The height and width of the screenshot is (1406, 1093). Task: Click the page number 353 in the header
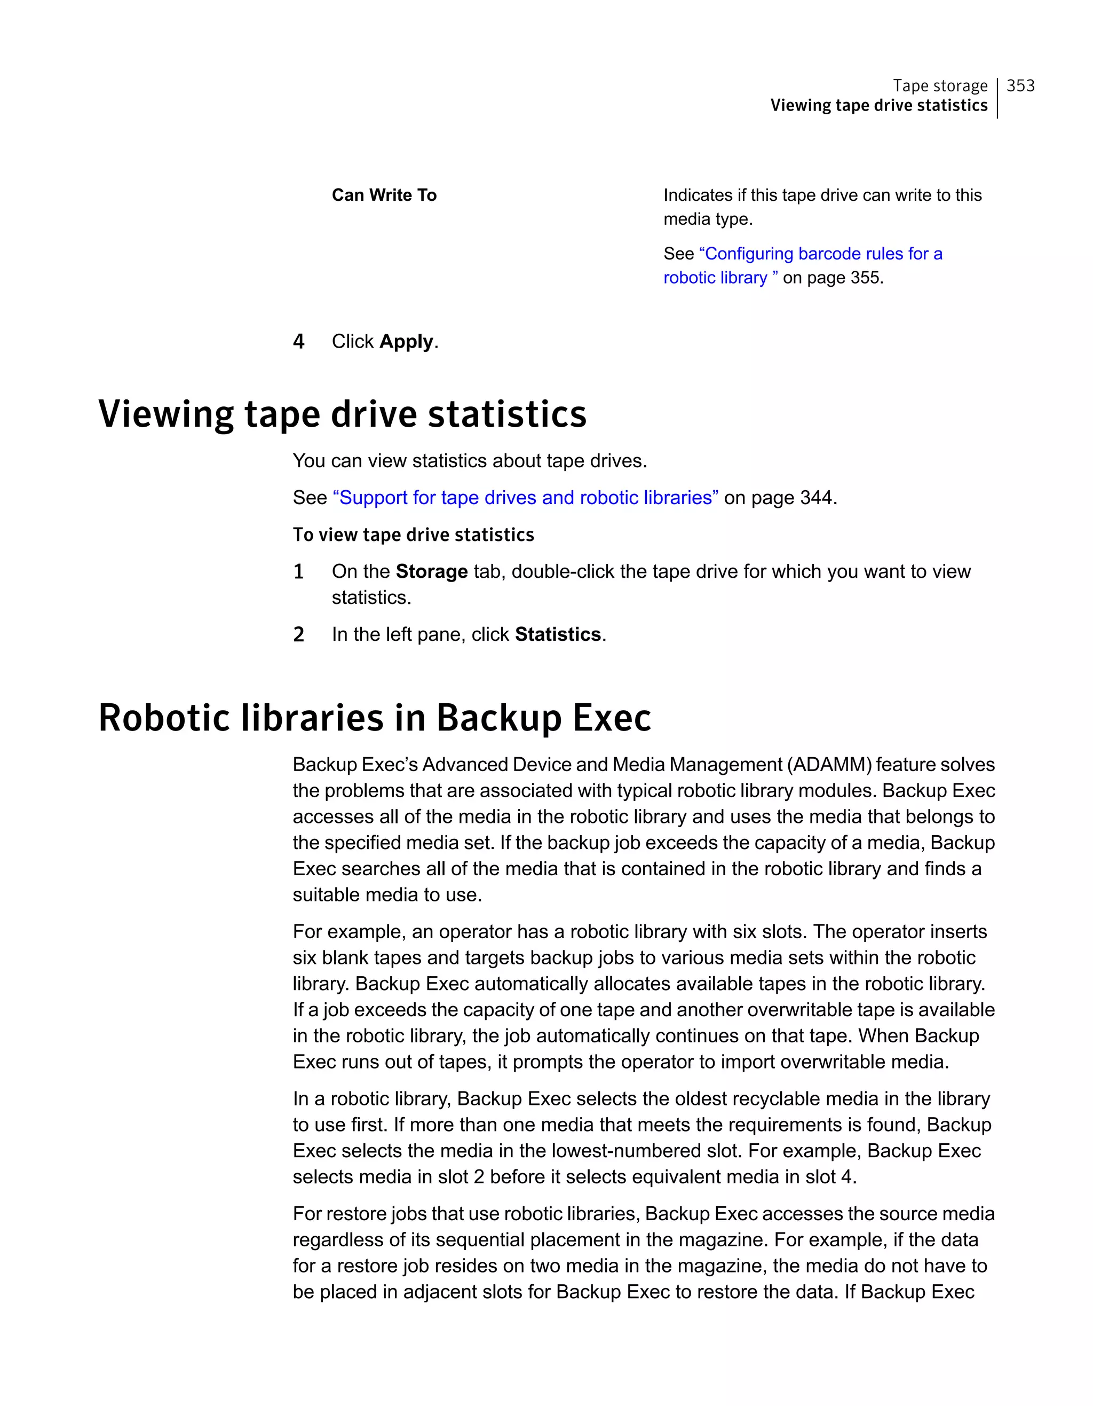point(1020,85)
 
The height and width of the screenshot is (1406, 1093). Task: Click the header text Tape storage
point(940,85)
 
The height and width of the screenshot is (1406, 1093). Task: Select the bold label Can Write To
point(384,195)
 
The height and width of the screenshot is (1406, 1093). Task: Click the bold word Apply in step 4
point(407,341)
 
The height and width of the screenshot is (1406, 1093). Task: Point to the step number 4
point(298,341)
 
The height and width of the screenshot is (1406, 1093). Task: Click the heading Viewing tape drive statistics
point(342,413)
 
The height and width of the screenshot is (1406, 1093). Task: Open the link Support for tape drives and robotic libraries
point(526,498)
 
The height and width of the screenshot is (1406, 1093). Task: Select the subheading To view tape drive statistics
point(413,535)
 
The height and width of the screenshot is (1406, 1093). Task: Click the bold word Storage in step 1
point(432,572)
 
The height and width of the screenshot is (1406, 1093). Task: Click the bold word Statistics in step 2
point(558,635)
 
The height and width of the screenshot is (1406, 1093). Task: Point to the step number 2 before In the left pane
point(298,635)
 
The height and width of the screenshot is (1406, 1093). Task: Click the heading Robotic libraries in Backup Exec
point(375,718)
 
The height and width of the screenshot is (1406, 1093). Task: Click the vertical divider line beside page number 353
point(997,98)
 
